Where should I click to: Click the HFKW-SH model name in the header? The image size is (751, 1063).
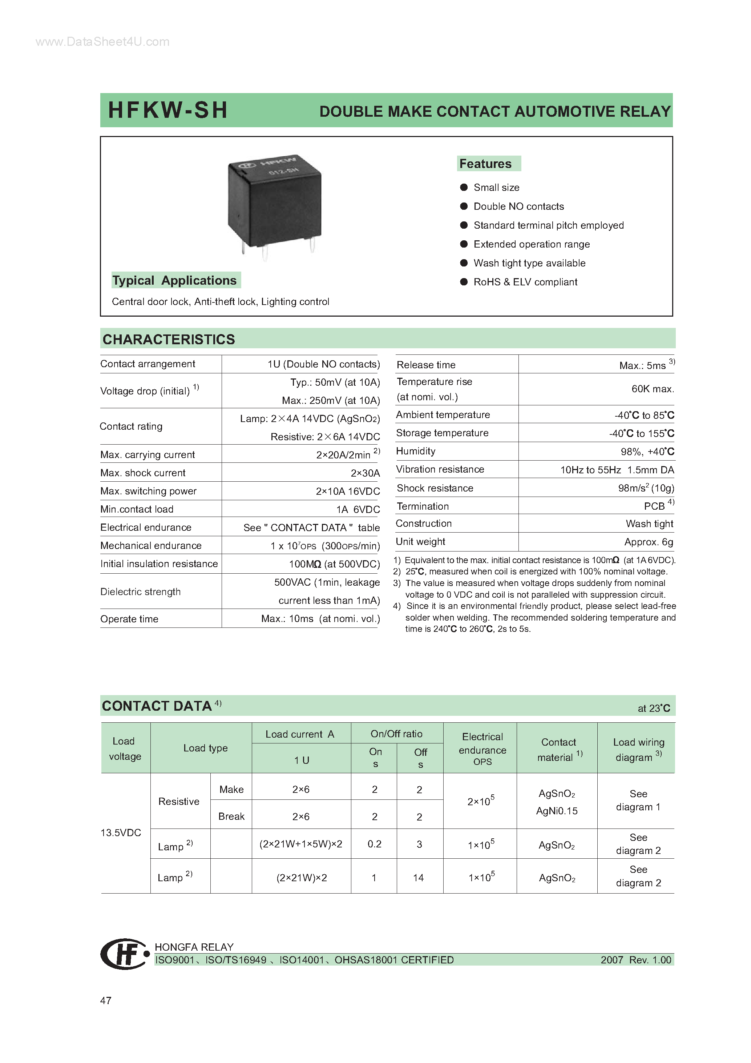[167, 110]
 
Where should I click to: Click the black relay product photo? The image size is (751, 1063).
[274, 203]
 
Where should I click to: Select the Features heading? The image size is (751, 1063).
[485, 164]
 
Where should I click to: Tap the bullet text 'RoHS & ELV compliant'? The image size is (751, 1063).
[525, 282]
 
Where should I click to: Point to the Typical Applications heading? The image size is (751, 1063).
[174, 281]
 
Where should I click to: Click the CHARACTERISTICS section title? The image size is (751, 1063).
[169, 339]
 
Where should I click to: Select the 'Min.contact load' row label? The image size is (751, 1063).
[137, 509]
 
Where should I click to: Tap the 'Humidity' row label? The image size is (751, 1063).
[416, 451]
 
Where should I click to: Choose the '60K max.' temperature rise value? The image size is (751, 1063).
[653, 389]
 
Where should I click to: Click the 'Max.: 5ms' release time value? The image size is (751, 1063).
[642, 365]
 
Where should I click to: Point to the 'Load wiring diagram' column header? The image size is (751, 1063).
[639, 750]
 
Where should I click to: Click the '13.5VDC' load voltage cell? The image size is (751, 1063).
[121, 833]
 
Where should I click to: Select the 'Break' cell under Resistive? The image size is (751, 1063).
[231, 816]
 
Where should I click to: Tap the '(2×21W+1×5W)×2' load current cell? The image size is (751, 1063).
[301, 844]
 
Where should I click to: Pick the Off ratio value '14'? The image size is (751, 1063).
[418, 878]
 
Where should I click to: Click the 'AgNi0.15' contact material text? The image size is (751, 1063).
[557, 811]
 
